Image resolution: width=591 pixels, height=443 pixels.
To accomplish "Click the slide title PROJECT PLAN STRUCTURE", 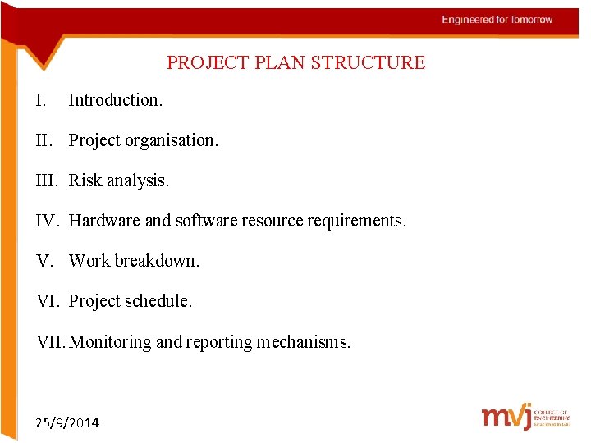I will [295, 63].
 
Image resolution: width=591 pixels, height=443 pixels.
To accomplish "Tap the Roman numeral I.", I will [41, 100].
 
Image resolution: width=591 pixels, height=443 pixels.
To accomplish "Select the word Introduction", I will [115, 100].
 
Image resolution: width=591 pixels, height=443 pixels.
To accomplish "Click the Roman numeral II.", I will [44, 140].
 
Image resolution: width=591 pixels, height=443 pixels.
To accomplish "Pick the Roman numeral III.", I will [48, 180].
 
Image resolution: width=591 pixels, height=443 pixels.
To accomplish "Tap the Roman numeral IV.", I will [48, 221].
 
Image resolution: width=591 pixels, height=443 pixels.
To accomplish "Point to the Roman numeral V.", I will [45, 261].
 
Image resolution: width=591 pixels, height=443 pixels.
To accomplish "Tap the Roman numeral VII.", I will [52, 341].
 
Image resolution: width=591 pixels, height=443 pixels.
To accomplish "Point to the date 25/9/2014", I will [67, 422].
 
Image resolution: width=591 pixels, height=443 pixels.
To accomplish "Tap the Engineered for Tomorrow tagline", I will [497, 20].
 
